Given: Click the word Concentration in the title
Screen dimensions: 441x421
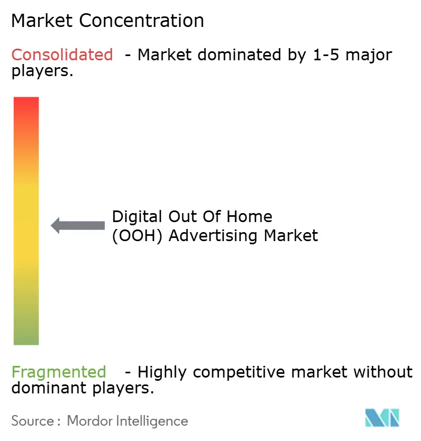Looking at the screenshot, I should pos(142,21).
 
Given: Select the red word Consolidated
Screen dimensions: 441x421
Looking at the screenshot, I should pos(62,54).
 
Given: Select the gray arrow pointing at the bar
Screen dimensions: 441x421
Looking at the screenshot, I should pos(78,225).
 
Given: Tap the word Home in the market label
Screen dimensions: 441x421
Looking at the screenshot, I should pos(252,217).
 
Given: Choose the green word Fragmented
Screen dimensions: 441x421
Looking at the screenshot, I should pos(59,372).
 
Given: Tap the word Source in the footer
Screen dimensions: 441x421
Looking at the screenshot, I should pos(32,421).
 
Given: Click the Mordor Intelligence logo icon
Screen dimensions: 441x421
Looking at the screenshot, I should pos(382,418).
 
